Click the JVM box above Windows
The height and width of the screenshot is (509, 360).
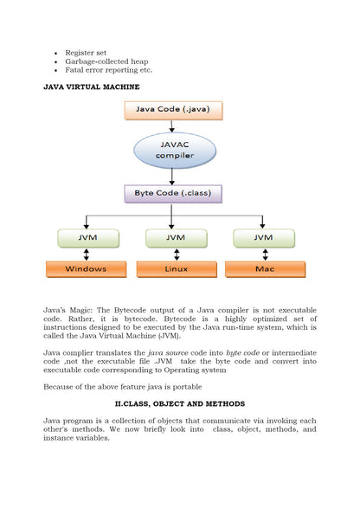click(87, 236)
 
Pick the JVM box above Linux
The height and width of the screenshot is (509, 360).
click(177, 236)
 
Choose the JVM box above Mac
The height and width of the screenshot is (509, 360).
click(264, 236)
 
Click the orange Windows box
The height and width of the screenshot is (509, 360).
click(87, 269)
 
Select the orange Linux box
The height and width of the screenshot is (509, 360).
click(177, 269)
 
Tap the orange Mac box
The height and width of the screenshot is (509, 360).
click(263, 269)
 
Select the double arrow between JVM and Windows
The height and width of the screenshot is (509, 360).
click(87, 254)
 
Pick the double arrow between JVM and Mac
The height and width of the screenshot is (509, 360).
click(264, 254)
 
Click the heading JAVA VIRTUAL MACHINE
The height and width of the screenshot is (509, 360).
click(91, 87)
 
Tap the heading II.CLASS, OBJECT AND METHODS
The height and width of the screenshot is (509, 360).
click(180, 404)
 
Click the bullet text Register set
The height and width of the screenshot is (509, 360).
click(85, 53)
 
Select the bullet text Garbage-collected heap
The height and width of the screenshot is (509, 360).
click(106, 62)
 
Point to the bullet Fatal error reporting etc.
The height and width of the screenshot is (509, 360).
click(109, 71)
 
